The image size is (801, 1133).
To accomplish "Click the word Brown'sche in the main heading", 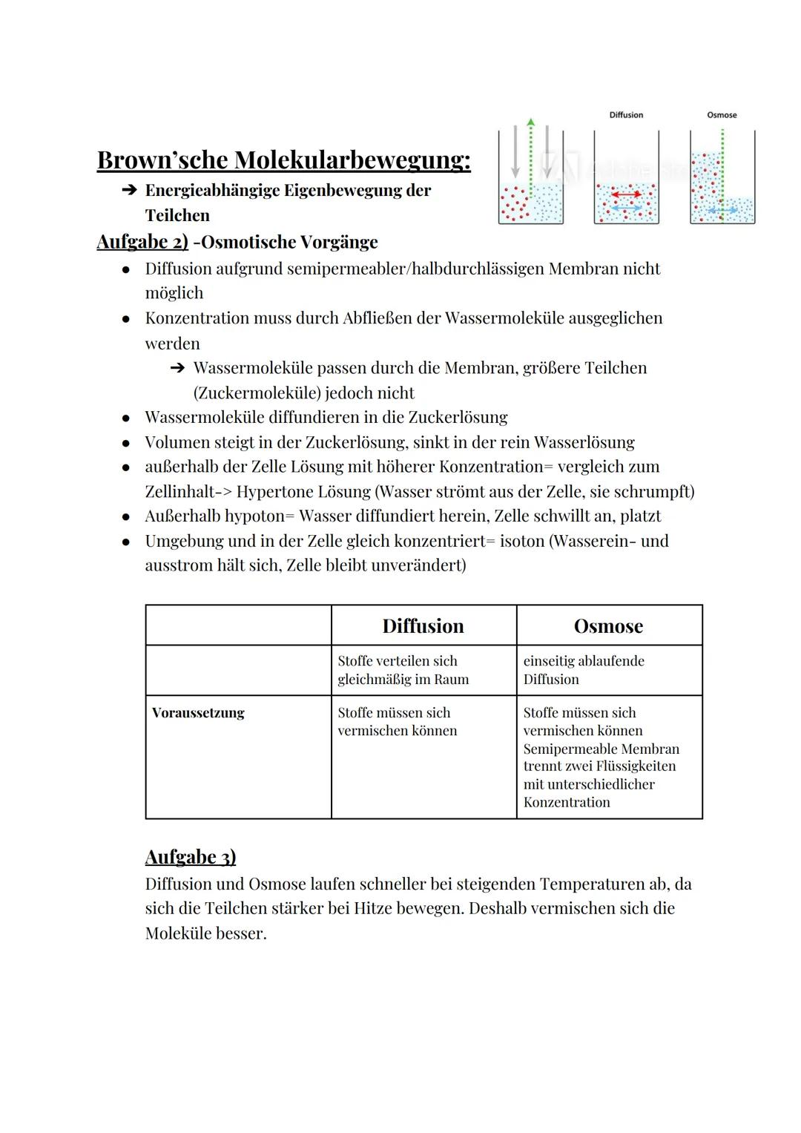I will [x=162, y=160].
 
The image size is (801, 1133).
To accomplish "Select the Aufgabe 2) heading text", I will [x=142, y=242].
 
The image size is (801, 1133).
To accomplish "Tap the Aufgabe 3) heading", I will [x=191, y=857].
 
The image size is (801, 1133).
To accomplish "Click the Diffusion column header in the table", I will [x=423, y=625].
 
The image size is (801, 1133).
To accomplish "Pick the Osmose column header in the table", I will [x=608, y=625].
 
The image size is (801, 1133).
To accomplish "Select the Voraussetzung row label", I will [x=198, y=712].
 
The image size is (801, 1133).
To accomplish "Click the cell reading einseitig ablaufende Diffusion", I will [x=584, y=669].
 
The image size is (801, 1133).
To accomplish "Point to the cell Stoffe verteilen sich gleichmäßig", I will [x=403, y=669].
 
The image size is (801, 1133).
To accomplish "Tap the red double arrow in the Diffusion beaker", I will [x=627, y=194].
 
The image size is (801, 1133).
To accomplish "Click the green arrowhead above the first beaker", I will [x=530, y=122].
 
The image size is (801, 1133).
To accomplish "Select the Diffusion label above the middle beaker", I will [x=626, y=115].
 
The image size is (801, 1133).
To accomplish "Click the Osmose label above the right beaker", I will [x=722, y=115].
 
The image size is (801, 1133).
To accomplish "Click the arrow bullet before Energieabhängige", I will [x=129, y=191].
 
